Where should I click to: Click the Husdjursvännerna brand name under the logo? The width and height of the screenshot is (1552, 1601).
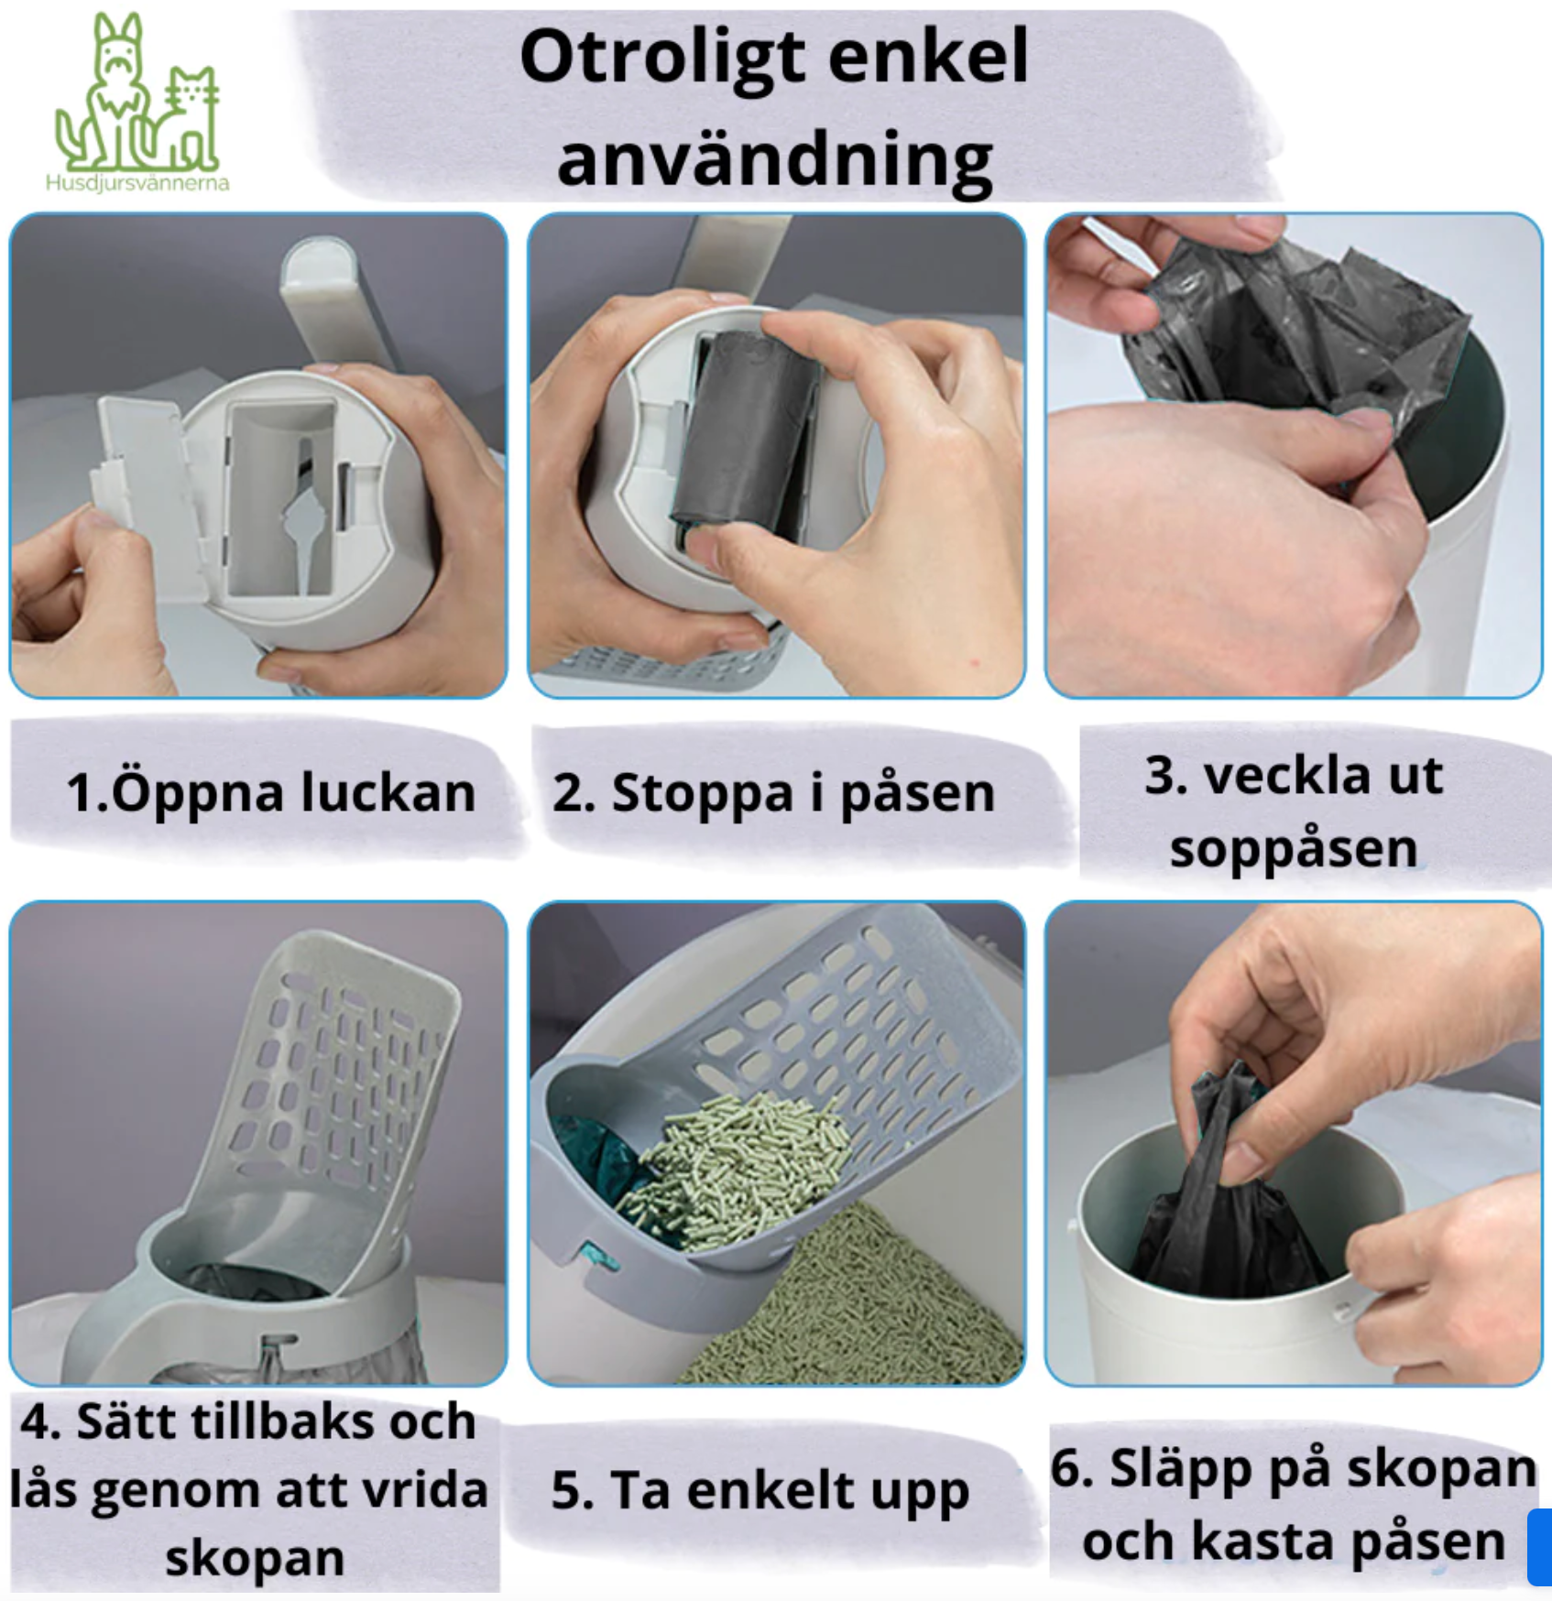pyautogui.click(x=137, y=182)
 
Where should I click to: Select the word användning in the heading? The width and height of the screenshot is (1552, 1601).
pyautogui.click(x=775, y=160)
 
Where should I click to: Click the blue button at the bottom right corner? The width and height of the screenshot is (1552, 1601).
pyautogui.click(x=1539, y=1547)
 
